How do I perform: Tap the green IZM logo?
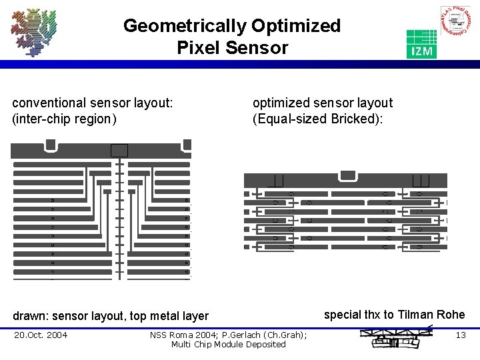pos(421,44)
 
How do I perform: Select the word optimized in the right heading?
pos(279,103)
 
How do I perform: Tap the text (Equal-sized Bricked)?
pos(317,119)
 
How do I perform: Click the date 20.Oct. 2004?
pos(41,335)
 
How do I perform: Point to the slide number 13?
pos(460,335)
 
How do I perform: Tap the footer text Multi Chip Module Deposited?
pos(228,344)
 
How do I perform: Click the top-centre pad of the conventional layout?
pos(119,150)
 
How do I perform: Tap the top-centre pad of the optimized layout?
pos(347,175)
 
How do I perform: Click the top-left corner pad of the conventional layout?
pos(50,145)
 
